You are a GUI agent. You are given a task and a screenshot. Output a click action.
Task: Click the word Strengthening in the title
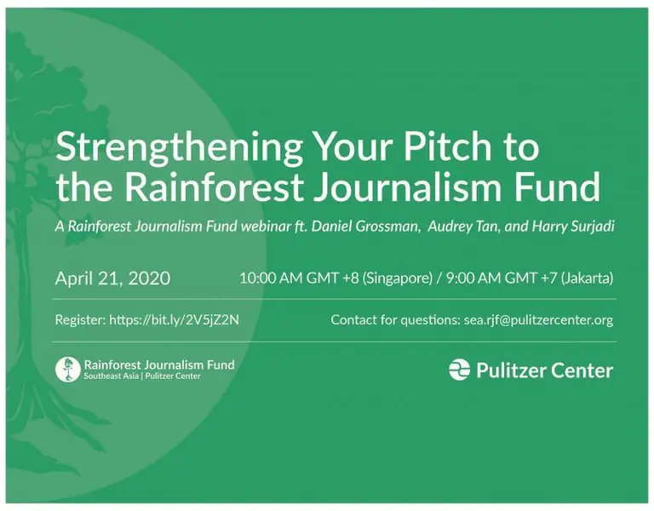point(180,147)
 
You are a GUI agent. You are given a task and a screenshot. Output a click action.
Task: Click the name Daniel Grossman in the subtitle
point(365,226)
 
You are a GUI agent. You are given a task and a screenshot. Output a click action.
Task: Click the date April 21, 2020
point(112,278)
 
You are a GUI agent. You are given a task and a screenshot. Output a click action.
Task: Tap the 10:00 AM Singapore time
point(336,278)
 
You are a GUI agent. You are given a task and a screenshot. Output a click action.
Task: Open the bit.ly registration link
point(174,320)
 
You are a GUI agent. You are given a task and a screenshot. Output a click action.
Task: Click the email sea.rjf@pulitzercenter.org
point(538,320)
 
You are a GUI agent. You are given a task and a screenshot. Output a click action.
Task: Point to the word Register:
point(80,320)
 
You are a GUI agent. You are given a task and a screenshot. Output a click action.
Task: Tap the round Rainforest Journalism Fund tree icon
point(67,370)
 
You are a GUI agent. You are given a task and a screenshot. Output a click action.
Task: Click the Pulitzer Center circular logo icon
point(459,370)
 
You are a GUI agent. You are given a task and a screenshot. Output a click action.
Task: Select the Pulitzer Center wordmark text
point(545,370)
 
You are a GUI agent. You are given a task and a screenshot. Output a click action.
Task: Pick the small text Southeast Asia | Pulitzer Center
point(142,376)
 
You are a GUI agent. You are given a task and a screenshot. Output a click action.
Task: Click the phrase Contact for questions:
point(395,320)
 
